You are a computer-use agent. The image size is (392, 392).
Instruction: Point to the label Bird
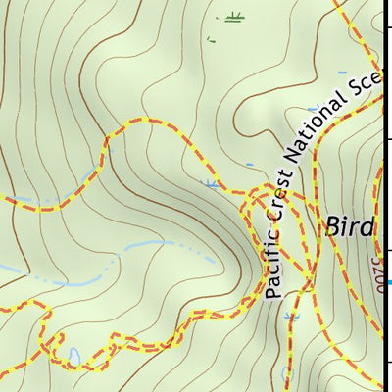coord(350,228)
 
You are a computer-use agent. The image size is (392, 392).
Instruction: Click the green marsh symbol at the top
coord(231,17)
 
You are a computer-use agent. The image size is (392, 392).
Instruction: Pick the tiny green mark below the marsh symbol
coord(211,39)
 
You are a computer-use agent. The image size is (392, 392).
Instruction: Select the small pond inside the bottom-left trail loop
coord(73,355)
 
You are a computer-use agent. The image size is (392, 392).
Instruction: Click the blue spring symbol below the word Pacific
coord(290,318)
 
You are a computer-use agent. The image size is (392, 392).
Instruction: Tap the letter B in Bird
coord(332,228)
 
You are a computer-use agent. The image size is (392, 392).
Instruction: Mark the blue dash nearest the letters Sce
coord(342,73)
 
